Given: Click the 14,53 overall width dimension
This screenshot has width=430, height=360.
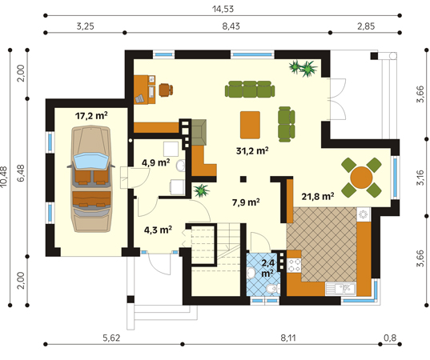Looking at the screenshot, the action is (x=223, y=9).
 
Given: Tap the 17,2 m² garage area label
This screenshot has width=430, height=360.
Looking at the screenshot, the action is (x=91, y=116).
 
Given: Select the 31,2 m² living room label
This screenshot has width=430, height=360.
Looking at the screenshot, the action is (x=252, y=150).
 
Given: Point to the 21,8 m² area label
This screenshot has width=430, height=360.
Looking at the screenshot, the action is (x=318, y=196).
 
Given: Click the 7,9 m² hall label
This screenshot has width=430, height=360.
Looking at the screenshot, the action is (x=246, y=202).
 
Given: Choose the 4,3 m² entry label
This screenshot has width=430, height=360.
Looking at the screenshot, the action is (x=158, y=230).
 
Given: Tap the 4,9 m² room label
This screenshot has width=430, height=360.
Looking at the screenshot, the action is (x=156, y=162).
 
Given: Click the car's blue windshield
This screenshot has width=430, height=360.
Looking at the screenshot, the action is (x=91, y=161).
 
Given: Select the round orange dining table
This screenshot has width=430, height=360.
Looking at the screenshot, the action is (x=361, y=178).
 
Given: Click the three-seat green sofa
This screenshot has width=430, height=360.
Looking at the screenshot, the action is (x=250, y=89).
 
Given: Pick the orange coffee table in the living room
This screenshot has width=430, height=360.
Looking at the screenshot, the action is (x=250, y=125).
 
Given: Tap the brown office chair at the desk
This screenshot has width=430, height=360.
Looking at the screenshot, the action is (x=166, y=90).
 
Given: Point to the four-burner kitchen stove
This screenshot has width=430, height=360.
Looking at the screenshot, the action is (x=294, y=265).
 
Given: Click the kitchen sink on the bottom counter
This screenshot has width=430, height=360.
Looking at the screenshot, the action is (x=340, y=289).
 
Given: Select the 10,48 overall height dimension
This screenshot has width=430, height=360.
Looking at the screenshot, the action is (x=4, y=177).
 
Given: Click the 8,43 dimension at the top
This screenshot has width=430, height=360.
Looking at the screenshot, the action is (x=231, y=26).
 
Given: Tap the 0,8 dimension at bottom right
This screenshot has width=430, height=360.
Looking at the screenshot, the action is (x=390, y=338).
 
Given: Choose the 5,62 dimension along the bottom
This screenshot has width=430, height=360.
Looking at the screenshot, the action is (x=111, y=338).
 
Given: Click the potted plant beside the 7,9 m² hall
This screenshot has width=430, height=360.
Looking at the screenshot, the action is (x=201, y=190).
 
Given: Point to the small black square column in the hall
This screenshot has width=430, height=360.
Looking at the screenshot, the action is (x=243, y=179).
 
